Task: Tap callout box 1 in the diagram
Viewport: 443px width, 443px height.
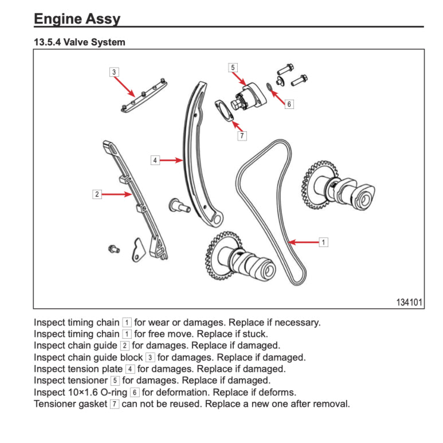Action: pyautogui.click(x=323, y=242)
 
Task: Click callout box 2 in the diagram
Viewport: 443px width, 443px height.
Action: pyautogui.click(x=97, y=195)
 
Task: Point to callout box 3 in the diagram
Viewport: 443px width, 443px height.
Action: pyautogui.click(x=115, y=72)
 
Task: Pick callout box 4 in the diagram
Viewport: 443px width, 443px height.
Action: pyautogui.click(x=155, y=160)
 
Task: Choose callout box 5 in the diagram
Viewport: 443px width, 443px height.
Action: pyautogui.click(x=233, y=68)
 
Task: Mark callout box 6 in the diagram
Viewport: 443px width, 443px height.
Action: pyautogui.click(x=289, y=104)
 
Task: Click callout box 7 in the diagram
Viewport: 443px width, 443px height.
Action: pyautogui.click(x=243, y=136)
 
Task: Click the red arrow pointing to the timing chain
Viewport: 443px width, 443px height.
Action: pyautogui.click(x=304, y=242)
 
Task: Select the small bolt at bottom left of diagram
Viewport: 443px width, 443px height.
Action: pyautogui.click(x=113, y=248)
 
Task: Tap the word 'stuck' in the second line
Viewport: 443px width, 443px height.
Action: pyautogui.click(x=254, y=334)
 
